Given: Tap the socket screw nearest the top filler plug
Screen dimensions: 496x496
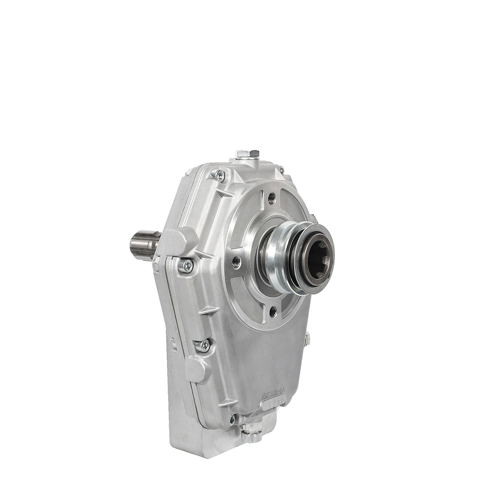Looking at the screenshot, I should (218, 174).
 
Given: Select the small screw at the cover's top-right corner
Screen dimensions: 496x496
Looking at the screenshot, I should (281, 170).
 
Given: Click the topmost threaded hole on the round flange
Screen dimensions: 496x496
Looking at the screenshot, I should (271, 198).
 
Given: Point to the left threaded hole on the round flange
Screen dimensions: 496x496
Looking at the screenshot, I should (237, 261).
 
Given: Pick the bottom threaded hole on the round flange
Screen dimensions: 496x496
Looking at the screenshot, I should (272, 311).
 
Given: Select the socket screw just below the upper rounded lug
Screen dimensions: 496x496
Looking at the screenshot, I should (187, 266).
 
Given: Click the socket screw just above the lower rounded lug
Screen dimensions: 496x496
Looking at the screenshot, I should (203, 345).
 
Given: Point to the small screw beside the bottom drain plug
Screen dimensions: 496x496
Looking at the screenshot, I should (232, 419).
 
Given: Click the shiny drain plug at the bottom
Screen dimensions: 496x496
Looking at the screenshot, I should (251, 433).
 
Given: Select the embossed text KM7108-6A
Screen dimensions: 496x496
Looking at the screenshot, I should (273, 395).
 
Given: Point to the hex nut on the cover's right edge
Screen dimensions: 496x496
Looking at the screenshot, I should (308, 339).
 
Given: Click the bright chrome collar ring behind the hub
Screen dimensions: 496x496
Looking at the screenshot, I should (278, 258).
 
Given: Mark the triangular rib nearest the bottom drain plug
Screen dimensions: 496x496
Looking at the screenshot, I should (227, 402).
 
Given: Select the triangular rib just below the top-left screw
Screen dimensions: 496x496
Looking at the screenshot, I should (224, 192).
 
